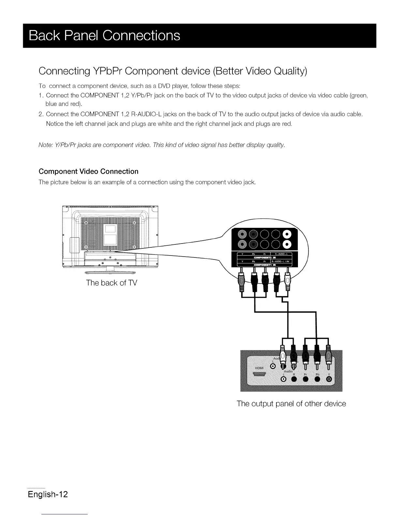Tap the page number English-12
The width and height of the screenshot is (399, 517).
48,494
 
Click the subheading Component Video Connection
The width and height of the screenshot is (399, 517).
88,171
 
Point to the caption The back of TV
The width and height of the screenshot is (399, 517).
111,283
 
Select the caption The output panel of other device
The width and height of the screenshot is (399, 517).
291,404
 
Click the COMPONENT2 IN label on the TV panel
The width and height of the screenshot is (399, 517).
265,258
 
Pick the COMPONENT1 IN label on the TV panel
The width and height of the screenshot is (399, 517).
265,265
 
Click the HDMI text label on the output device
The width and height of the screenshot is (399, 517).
259,368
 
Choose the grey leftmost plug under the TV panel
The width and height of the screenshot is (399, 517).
242,282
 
